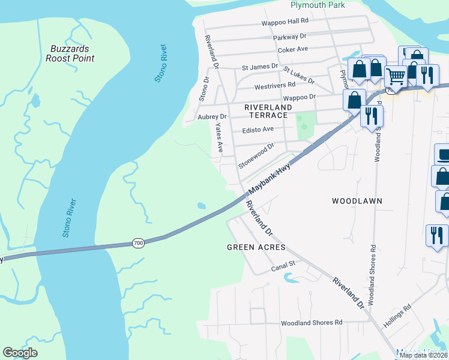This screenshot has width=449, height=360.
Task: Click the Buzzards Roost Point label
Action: click(70, 53)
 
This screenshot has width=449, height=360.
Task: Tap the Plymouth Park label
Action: click(318, 5)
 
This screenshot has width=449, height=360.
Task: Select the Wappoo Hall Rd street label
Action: click(284, 23)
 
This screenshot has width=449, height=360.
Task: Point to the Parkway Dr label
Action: click(289, 37)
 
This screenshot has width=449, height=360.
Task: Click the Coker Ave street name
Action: click(293, 49)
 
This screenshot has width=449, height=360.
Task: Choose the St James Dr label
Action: click(260, 67)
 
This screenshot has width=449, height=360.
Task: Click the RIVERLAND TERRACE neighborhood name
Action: click(268, 111)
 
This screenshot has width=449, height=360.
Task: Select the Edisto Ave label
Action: click(258, 129)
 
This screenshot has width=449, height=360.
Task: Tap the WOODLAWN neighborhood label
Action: click(357, 201)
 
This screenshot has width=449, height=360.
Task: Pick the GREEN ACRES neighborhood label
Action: click(256, 247)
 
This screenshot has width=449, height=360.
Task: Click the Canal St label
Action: click(284, 263)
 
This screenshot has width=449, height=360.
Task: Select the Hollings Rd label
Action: click(399, 316)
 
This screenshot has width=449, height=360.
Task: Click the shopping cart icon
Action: click(396, 76)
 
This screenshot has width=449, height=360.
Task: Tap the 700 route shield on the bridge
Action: click(139, 243)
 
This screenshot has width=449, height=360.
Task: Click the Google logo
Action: click(20, 353)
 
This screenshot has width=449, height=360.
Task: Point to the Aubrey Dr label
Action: click(212, 117)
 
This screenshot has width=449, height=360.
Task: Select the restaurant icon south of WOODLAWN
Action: click(436, 234)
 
